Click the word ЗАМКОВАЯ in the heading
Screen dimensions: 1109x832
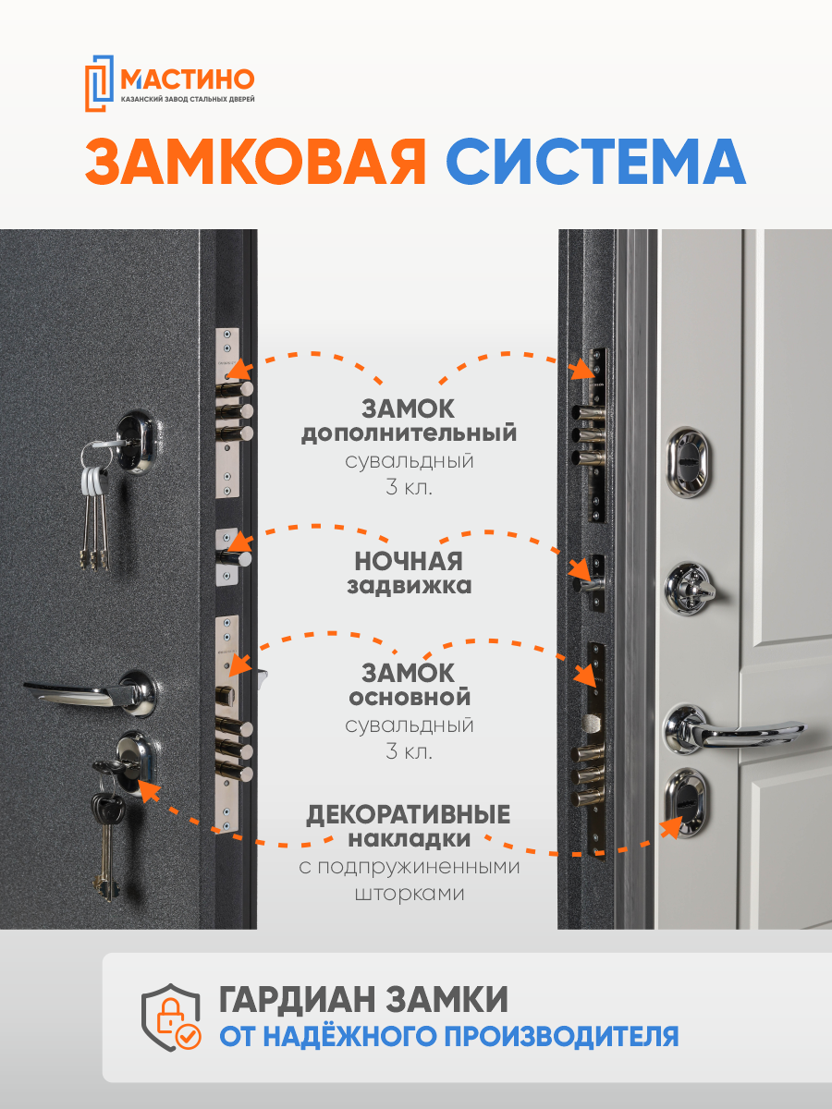click(x=255, y=163)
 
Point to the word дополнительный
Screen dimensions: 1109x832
click(x=409, y=433)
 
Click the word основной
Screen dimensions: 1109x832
click(x=409, y=696)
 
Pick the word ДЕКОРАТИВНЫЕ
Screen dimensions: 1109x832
click(x=409, y=815)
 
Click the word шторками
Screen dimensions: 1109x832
click(x=409, y=895)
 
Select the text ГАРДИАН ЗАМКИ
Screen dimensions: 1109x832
click(x=364, y=1000)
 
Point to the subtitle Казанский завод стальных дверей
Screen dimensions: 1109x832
click(x=188, y=98)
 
